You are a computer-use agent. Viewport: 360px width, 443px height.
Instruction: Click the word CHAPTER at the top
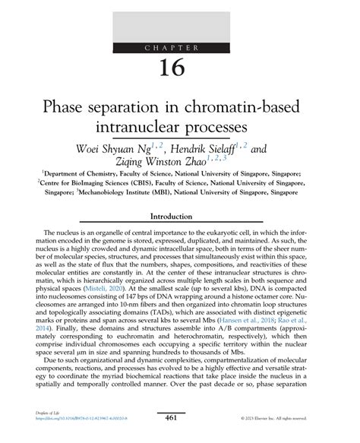180,48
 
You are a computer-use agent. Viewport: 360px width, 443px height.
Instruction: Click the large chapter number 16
180,68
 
